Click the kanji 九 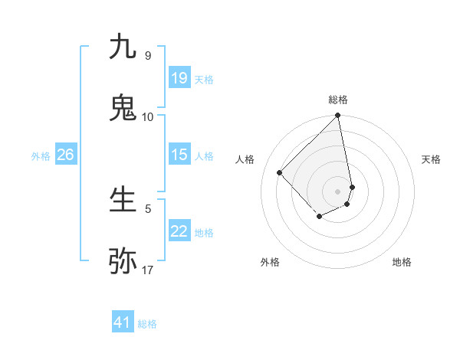tap(123, 47)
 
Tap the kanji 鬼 tap(123, 108)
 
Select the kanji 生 tap(123, 200)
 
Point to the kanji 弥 tap(123, 261)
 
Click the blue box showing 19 tap(179, 78)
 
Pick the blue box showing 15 tap(179, 155)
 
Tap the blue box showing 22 tap(179, 231)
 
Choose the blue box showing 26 tap(65, 155)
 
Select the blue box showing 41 tap(123, 322)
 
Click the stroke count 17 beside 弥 tap(148, 270)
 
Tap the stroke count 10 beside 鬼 tap(148, 116)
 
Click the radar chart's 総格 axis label tap(338, 100)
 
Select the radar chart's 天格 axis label tap(432, 159)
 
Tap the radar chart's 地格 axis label tap(402, 262)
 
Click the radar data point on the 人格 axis tap(280, 172)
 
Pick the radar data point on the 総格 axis tap(338, 116)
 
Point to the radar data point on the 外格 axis tap(319, 218)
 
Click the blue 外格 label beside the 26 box tap(41, 155)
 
